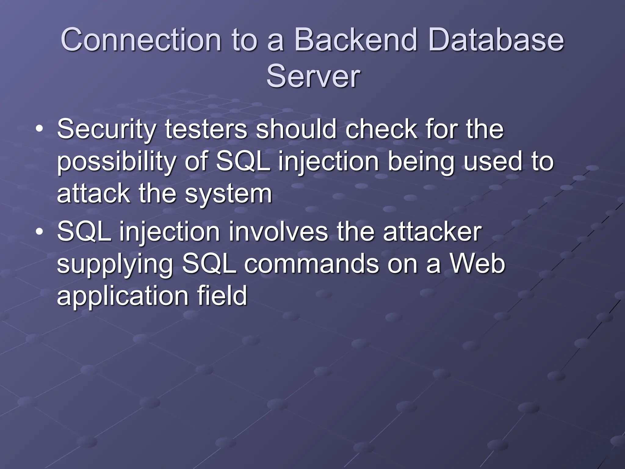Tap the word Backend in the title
[x=355, y=40]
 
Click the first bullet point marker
[x=39, y=130]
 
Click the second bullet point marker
[x=39, y=233]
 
